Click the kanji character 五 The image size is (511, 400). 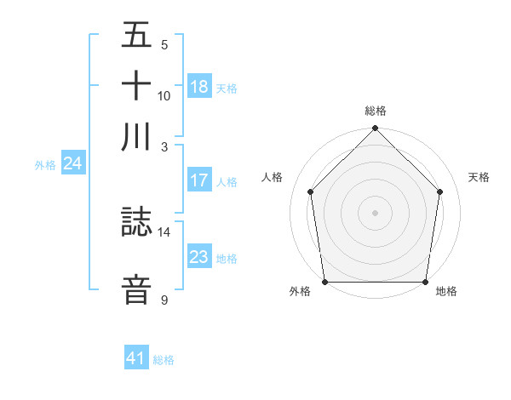136,36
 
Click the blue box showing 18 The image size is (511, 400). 199,87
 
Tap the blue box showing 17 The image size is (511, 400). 199,180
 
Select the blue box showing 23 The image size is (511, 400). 199,257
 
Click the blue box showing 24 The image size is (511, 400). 72,164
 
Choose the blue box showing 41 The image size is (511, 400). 136,358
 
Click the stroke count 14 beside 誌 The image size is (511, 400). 164,231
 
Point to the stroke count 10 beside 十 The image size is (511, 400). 164,95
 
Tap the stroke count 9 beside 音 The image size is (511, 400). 164,300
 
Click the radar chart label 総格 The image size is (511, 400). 375,111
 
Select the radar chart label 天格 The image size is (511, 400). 479,177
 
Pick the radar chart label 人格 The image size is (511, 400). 273,177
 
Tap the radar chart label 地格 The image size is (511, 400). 446,291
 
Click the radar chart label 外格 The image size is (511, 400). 300,291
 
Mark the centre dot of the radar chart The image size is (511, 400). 375,212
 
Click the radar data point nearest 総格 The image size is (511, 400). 375,129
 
